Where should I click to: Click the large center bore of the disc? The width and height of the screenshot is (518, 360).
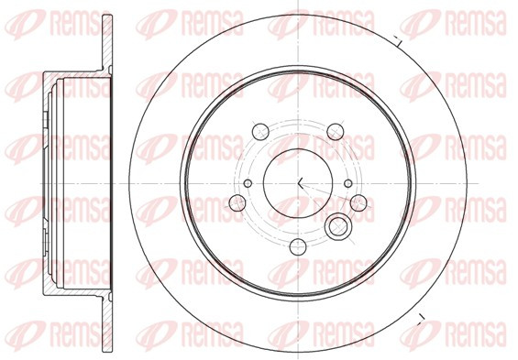click(298, 183)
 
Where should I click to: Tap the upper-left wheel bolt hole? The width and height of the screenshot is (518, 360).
click(260, 132)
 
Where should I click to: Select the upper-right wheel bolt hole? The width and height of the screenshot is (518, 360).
click(336, 132)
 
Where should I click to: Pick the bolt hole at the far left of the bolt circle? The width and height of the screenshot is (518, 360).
click(237, 203)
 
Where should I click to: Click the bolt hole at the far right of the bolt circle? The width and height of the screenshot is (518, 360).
click(358, 203)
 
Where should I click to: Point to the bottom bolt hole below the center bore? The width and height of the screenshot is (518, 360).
click(298, 246)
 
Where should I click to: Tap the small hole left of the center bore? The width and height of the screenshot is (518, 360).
click(248, 183)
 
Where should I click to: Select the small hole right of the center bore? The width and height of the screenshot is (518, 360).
click(348, 183)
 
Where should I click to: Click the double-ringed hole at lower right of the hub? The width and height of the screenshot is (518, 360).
click(336, 227)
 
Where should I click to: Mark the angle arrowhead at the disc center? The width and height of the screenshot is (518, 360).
click(300, 183)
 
